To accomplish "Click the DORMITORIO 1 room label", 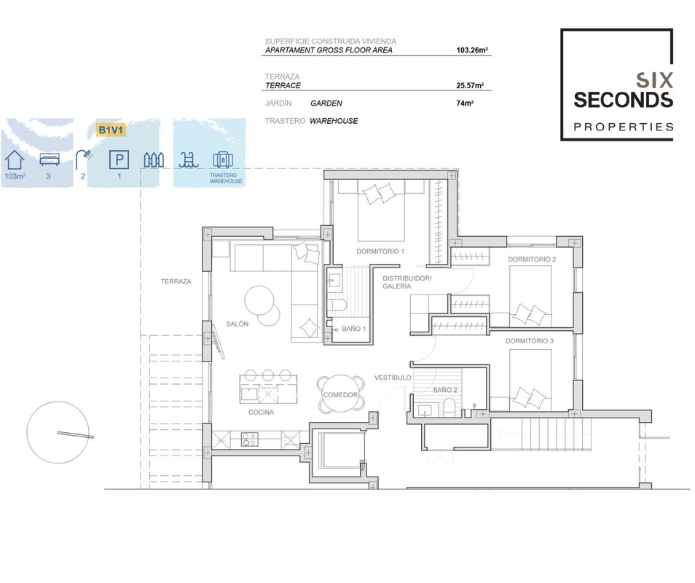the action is point(380,251).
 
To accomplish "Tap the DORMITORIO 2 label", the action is point(532,259).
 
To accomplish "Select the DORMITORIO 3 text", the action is point(529,341).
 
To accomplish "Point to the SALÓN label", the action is point(237,324).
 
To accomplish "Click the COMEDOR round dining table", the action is point(340,394).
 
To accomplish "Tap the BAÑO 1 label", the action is point(354,329).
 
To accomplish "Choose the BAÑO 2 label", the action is point(445,390).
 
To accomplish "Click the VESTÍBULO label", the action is point(393,377).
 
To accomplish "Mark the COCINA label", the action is point(261,412).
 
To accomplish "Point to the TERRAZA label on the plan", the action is point(176,281).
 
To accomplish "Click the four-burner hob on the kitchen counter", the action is point(249,439).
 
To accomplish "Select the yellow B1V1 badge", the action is point(110,130).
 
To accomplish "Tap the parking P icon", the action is point(119,160).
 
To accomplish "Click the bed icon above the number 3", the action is point(50,159).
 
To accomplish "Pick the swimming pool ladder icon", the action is point(189,160).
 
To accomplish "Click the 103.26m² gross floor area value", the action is point(472,50).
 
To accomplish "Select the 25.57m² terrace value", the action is point(470,85).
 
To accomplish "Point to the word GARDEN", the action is point(326,103).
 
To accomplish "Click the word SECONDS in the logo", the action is point(623,100).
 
